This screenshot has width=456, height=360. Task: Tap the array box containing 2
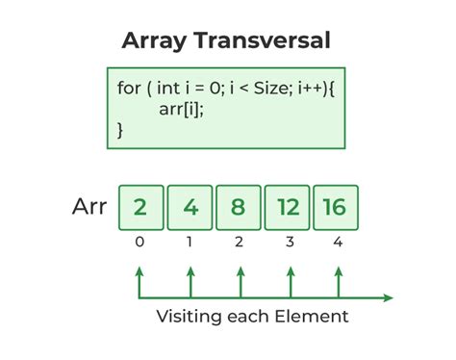(x=140, y=209)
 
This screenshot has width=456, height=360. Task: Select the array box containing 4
(x=190, y=209)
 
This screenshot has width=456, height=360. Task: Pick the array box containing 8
(x=240, y=209)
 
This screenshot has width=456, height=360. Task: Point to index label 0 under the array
(x=140, y=243)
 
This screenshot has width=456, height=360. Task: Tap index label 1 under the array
(x=190, y=243)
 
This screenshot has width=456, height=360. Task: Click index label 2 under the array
(x=240, y=243)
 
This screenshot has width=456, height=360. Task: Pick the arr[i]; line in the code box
(x=183, y=108)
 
